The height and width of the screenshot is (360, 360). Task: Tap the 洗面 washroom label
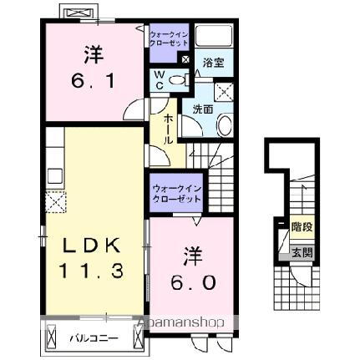[x=204, y=108]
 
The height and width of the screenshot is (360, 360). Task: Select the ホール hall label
[x=169, y=129]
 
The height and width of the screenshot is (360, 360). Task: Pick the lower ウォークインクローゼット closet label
[x=176, y=195]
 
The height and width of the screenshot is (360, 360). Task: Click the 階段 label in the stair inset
[x=301, y=225]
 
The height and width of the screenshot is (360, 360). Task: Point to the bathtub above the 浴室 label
[x=215, y=36]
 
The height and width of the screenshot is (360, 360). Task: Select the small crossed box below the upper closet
[x=185, y=59]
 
